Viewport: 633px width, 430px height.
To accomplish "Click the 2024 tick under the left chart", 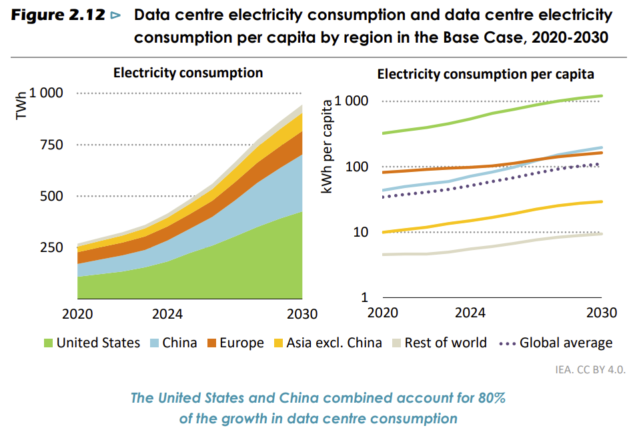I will coord(167,314).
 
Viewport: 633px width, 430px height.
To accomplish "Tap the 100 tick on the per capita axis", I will coord(357,167).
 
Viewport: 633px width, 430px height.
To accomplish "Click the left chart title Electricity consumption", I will coord(188,73).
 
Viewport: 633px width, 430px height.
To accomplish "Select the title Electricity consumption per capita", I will coord(486,74).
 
